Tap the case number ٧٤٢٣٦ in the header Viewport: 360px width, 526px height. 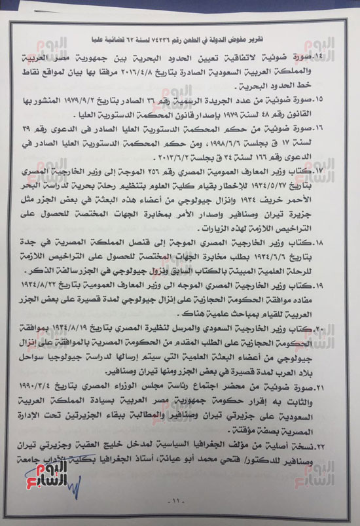160,26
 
